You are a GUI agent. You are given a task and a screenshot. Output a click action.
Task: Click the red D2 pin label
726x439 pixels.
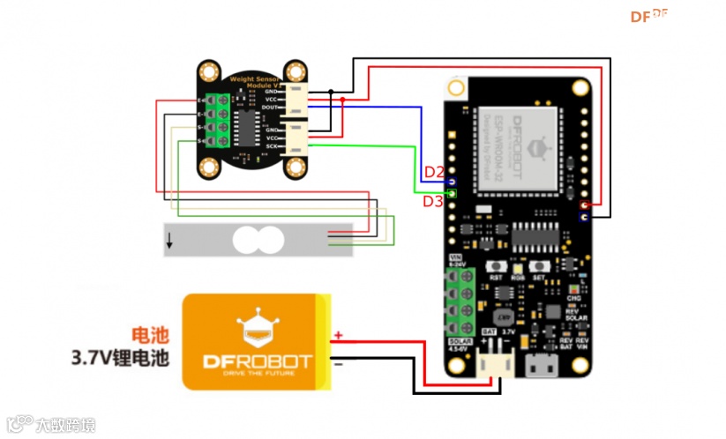[x=434, y=171]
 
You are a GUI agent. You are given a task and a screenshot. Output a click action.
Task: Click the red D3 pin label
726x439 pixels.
[x=432, y=201]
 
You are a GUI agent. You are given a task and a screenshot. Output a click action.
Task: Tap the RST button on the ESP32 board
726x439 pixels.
[x=496, y=268]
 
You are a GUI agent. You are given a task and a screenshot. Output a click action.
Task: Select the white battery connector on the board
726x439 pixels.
[x=494, y=362]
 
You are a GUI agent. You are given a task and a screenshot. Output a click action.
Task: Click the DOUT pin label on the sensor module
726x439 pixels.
[x=271, y=107]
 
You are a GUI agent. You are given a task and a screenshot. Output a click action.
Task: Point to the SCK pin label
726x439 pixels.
[x=273, y=146]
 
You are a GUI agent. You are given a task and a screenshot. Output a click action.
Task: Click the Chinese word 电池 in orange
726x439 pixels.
[x=146, y=335]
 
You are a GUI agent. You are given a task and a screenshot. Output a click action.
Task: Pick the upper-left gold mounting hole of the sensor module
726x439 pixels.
[x=209, y=71]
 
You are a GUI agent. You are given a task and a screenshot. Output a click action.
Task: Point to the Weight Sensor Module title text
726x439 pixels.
[x=254, y=80]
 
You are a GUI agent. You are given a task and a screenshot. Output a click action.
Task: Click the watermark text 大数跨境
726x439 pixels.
[x=64, y=425]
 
